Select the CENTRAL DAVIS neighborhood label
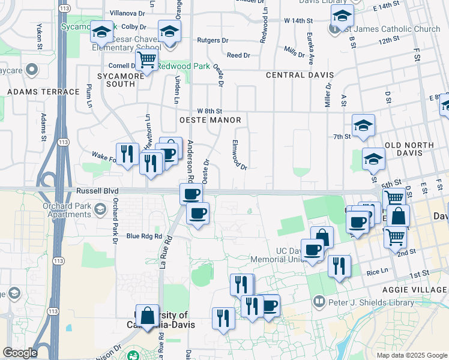(300, 75)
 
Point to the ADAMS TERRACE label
(43, 92)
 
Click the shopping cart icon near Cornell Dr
(146, 60)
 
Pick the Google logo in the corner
(20, 353)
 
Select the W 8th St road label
(209, 111)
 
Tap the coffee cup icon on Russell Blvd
(191, 193)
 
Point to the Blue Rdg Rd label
(145, 236)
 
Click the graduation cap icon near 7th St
(363, 125)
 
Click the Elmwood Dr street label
(239, 155)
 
